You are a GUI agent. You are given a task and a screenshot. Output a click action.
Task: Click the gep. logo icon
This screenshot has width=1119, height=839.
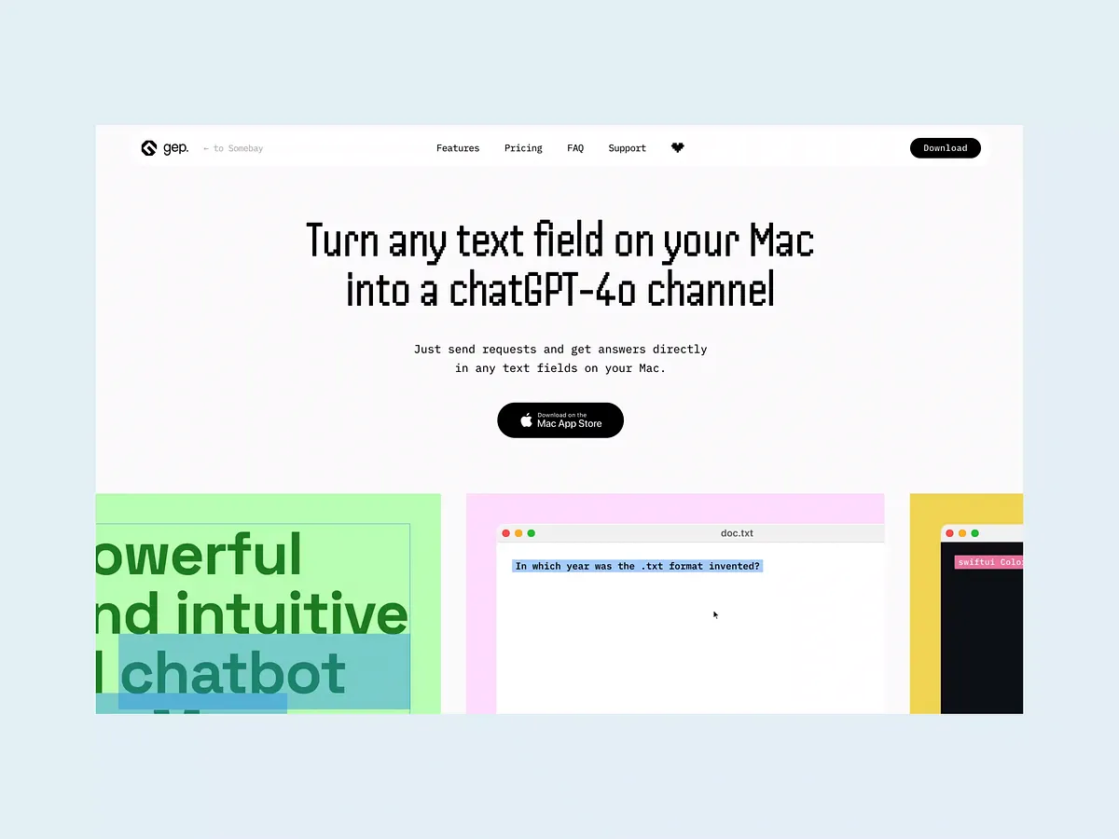[149, 148]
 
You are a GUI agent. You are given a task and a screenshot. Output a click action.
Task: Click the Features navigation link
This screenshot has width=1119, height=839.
[458, 148]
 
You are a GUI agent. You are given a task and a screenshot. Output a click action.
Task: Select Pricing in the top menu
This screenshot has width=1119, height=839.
[523, 148]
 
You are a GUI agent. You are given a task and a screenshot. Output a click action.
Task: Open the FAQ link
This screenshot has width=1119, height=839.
[575, 148]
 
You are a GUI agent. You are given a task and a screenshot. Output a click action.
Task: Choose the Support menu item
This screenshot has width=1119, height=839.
[627, 148]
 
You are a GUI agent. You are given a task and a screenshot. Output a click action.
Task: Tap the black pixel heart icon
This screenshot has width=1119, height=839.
[678, 147]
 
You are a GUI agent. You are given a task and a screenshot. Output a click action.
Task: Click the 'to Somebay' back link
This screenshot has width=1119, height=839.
[234, 148]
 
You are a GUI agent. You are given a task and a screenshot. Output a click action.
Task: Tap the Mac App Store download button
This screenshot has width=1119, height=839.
[560, 420]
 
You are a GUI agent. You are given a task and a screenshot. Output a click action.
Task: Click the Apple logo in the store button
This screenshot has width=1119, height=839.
[526, 420]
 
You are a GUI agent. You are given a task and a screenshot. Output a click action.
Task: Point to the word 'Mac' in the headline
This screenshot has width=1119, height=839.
[781, 241]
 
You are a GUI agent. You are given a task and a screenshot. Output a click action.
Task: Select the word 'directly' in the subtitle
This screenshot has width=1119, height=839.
[680, 350]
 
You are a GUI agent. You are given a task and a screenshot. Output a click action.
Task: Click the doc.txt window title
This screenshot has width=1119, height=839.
[737, 533]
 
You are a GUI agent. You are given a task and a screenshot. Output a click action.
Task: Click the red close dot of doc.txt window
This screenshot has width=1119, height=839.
[506, 533]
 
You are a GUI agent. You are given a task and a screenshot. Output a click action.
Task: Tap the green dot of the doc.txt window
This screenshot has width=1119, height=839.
[532, 533]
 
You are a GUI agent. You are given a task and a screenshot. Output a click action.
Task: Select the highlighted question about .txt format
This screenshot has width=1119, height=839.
[638, 566]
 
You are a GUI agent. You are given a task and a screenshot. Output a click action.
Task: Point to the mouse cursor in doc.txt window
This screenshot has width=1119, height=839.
[715, 614]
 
